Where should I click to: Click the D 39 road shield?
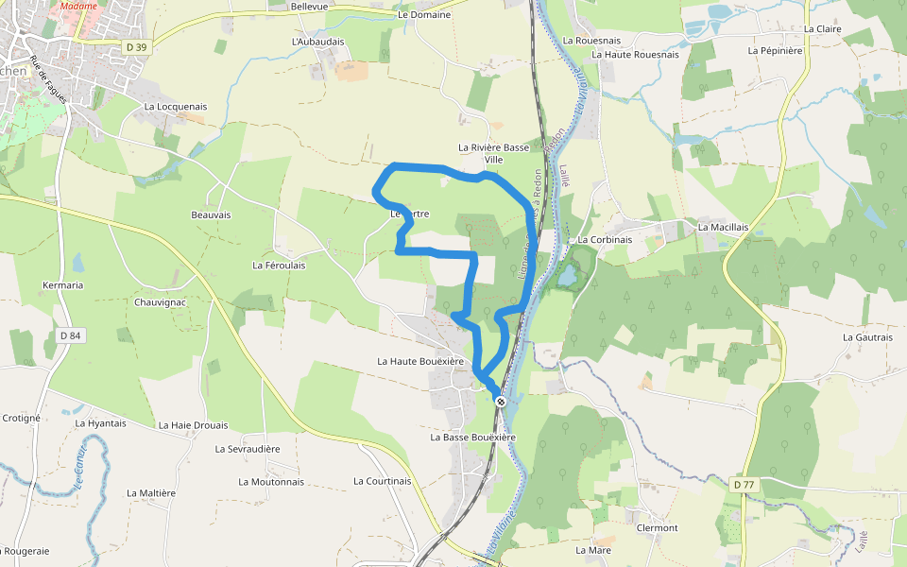tap(137, 46)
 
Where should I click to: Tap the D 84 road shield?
tap(70, 335)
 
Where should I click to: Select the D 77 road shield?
tap(744, 484)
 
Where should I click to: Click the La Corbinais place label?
tap(605, 240)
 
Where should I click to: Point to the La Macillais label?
tap(723, 228)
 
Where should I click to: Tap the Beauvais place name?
tap(211, 215)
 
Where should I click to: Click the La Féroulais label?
tap(279, 266)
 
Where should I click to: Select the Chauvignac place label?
tap(160, 302)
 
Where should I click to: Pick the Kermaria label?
tap(63, 284)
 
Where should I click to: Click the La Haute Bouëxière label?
tap(420, 361)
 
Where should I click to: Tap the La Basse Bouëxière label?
tap(472, 438)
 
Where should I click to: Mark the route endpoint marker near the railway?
tap(501, 402)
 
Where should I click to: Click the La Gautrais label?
tap(867, 336)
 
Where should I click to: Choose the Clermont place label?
tap(658, 527)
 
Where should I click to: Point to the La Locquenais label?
tap(176, 107)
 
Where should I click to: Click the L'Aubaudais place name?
tap(318, 42)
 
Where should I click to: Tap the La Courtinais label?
tap(383, 481)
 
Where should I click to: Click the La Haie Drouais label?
tap(193, 425)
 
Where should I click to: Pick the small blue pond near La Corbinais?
tap(567, 277)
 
